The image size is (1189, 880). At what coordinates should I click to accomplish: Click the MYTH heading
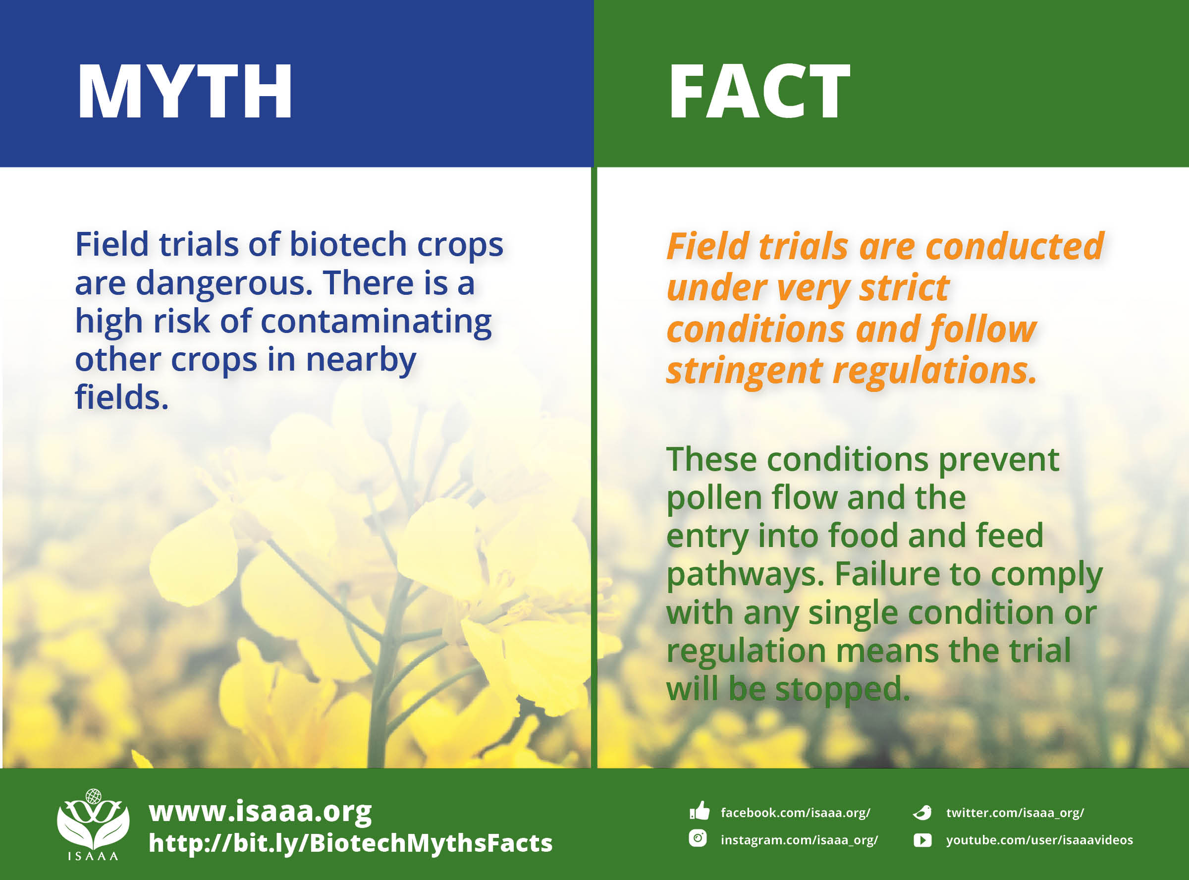pos(184,92)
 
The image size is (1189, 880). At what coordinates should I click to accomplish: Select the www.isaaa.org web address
pos(260,811)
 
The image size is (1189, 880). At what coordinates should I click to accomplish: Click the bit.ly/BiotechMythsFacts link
pos(350,843)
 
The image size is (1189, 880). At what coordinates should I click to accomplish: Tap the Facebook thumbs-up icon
pos(699,811)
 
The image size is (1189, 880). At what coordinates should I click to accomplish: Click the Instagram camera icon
pos(698,838)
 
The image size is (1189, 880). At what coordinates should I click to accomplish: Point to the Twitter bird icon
pos(922,812)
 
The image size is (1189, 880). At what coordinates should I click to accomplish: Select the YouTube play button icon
pos(922,840)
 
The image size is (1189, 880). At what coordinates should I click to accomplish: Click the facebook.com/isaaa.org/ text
pos(795,812)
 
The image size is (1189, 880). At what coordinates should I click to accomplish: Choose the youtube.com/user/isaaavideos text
pos(1039,840)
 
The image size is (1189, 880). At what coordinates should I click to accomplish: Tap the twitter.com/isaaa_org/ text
pos(1015,812)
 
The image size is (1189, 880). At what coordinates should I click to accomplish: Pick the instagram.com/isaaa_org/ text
pos(799,840)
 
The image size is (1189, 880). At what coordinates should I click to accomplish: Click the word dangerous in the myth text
pos(224,283)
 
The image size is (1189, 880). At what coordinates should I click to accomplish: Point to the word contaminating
pos(376,322)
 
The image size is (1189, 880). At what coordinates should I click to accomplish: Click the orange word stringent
pos(744,371)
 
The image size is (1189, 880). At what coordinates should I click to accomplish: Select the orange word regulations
pos(935,371)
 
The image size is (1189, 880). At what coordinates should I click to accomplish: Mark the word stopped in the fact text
pos(842,689)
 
